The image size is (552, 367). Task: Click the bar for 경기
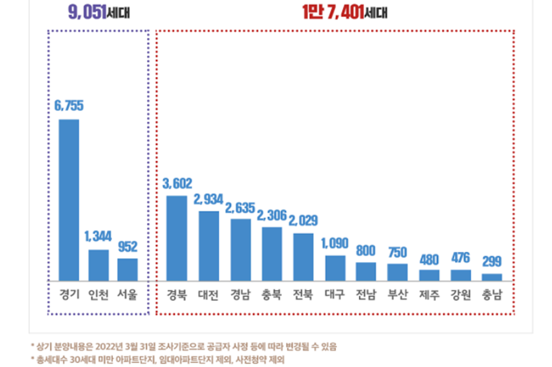(69, 199)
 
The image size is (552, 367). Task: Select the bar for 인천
(98, 265)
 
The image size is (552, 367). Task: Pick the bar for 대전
(209, 246)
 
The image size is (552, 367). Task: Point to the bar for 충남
(492, 277)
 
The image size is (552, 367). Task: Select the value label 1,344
(98, 236)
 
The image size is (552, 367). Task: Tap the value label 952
(128, 246)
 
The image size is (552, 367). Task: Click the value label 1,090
(335, 243)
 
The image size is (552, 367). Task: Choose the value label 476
(460, 257)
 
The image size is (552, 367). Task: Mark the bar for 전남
(366, 271)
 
